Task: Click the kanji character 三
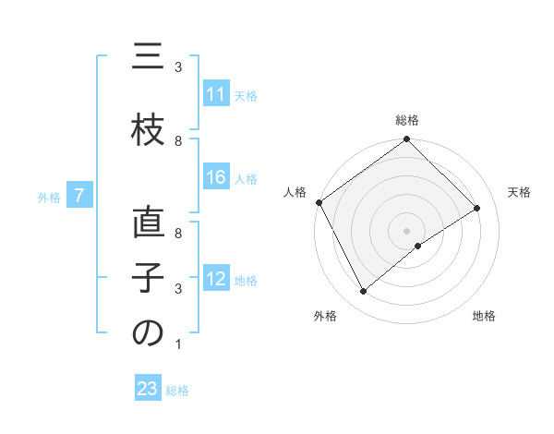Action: click(148, 59)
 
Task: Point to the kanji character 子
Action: click(148, 278)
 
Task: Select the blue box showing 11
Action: click(216, 94)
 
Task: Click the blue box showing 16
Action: click(216, 178)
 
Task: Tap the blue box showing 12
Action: click(216, 279)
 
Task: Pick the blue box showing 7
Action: click(80, 196)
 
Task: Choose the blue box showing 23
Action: click(148, 389)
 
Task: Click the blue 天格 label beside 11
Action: click(246, 95)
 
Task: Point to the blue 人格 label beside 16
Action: click(246, 179)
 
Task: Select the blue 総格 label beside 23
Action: click(177, 391)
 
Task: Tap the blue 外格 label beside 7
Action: click(49, 197)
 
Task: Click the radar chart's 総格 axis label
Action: click(406, 120)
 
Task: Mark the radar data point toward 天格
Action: click(477, 208)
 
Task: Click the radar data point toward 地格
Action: click(418, 246)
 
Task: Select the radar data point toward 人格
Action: click(319, 202)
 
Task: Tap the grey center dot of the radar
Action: click(406, 230)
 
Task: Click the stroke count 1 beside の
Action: click(177, 344)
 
